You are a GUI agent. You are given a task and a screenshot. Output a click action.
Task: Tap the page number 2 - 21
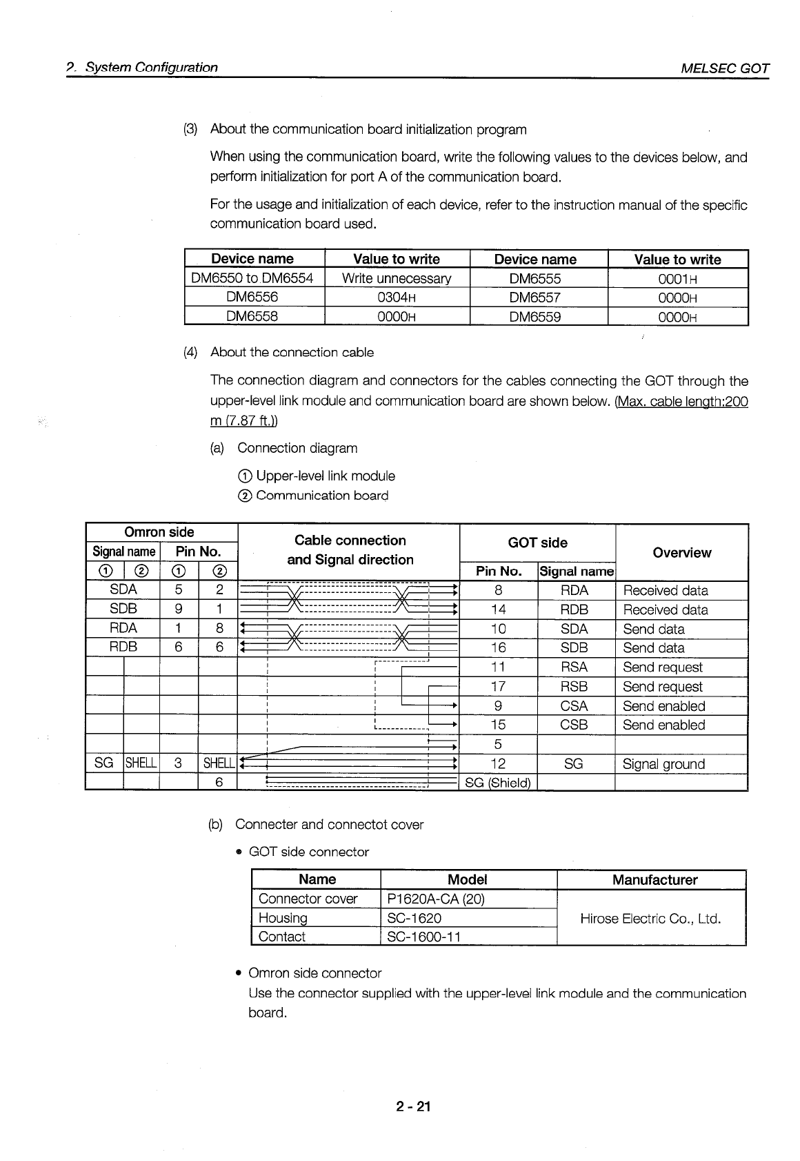pos(413,1106)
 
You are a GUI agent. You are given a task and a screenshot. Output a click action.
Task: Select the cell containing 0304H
pos(396,297)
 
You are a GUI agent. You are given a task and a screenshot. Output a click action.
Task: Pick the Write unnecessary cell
pos(396,278)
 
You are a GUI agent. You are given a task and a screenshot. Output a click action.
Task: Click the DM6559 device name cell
pos(535,317)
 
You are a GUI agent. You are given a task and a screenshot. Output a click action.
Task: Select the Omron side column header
pos(159,532)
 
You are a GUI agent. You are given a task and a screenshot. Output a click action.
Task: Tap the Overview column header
pos(681,552)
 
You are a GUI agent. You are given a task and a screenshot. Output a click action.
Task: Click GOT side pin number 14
pos(498,609)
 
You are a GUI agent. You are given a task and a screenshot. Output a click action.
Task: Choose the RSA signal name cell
pos(574,667)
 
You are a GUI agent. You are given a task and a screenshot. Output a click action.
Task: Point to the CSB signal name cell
pos(574,725)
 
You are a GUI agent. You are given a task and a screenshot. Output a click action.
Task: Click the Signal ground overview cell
pos(663,763)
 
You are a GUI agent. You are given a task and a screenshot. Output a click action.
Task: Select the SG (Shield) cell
pos(497,782)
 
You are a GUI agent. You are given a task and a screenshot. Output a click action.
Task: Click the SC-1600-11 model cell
pos(423,937)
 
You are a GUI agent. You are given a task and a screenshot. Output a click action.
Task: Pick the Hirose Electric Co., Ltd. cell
pos(650,918)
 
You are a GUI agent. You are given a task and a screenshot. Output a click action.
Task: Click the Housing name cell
pos(283,918)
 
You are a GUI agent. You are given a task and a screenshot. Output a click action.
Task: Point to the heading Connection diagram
pos(297,448)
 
